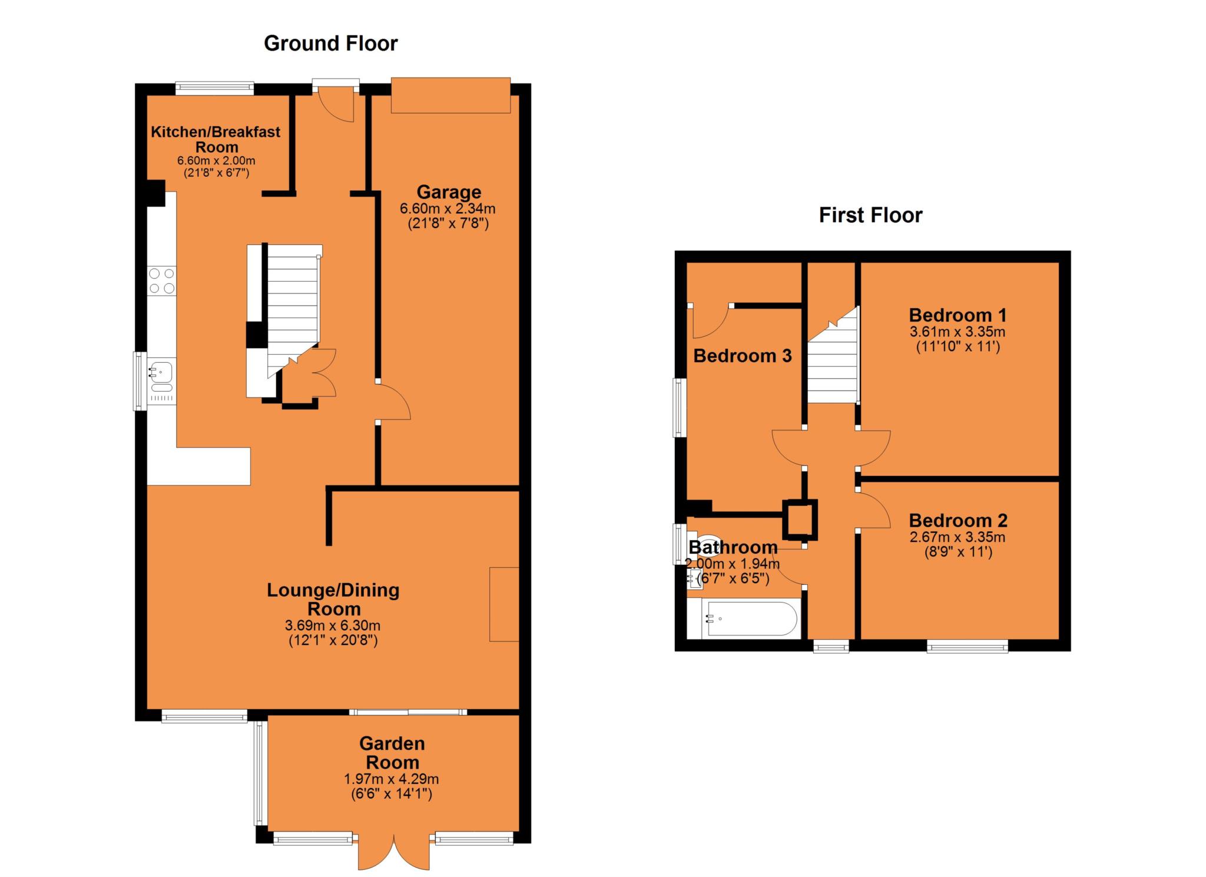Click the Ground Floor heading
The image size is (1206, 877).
pos(330,44)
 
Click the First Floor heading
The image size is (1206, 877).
pos(870,215)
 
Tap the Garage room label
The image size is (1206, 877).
pos(449,192)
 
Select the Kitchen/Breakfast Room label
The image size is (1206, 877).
pos(216,139)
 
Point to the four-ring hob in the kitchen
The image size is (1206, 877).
pos(161,281)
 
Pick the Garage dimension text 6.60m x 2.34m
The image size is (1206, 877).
pos(448,209)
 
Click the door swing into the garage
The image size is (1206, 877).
pos(393,402)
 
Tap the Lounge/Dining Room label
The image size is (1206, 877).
pos(333,599)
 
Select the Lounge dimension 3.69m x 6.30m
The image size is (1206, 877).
pos(333,626)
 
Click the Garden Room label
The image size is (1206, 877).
pos(392,752)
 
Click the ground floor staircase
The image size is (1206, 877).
pos(293,306)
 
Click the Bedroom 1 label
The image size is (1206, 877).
pos(957,315)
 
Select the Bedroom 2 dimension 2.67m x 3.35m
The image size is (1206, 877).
pos(957,537)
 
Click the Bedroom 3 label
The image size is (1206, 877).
pos(742,356)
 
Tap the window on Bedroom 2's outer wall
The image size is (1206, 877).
pos(967,647)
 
